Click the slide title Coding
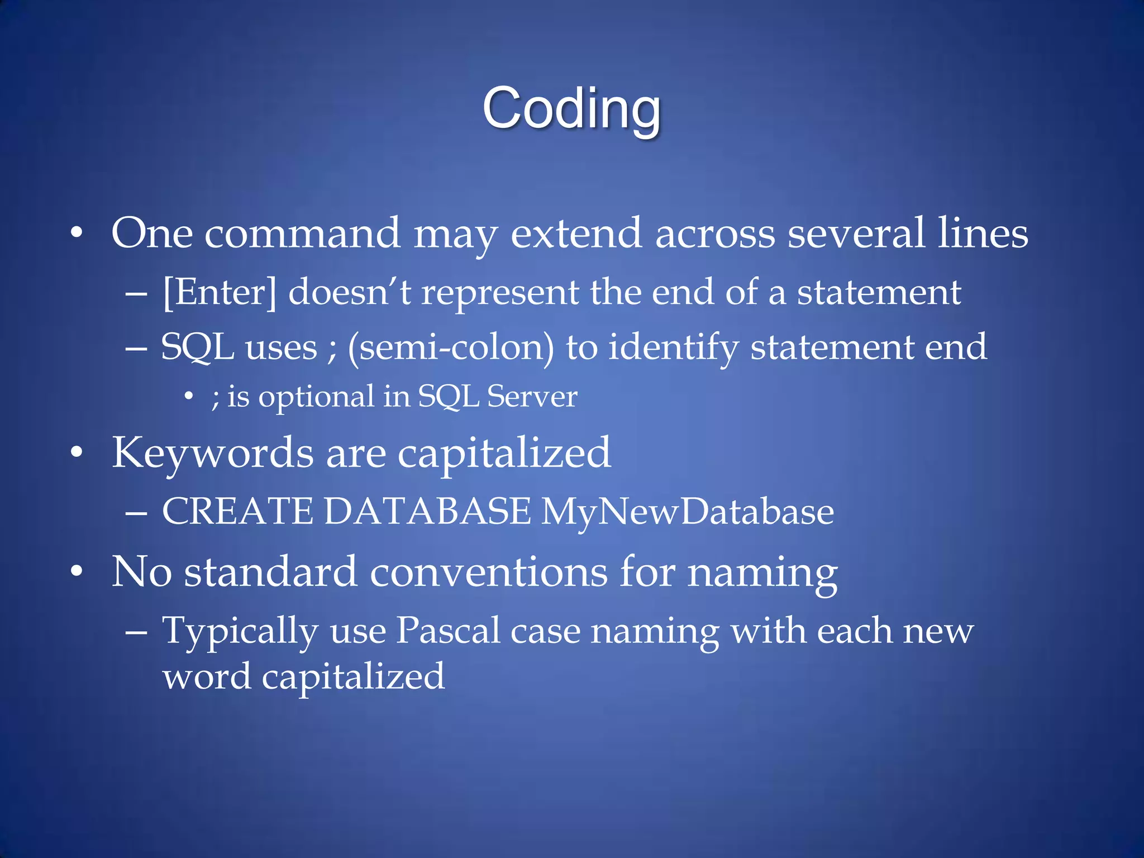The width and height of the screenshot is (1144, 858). [x=571, y=108]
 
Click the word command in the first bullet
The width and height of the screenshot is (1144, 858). [x=302, y=233]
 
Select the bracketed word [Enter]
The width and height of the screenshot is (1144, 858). [x=220, y=292]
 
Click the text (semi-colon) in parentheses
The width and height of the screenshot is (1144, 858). [x=451, y=347]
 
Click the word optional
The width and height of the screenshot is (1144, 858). [x=316, y=398]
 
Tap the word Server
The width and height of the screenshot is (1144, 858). [x=532, y=397]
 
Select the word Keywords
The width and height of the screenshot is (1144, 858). [x=213, y=452]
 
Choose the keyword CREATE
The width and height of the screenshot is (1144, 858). [x=237, y=511]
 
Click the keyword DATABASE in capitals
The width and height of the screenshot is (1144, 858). [x=427, y=511]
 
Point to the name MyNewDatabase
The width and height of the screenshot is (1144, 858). [x=687, y=512]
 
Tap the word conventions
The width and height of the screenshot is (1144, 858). [x=488, y=573]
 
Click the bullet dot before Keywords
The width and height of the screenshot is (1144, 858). [x=77, y=452]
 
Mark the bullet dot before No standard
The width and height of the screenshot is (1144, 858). [x=77, y=571]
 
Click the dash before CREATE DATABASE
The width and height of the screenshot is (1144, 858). [x=136, y=512]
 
